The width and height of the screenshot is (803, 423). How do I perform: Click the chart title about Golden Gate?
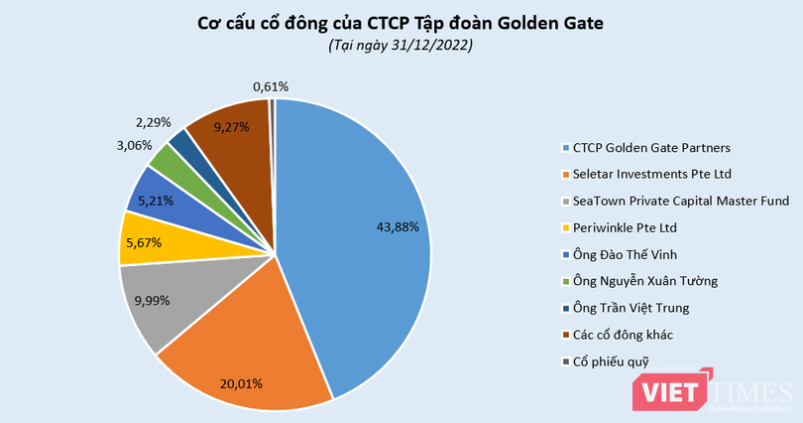(401, 23)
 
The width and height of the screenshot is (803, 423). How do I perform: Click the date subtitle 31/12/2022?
(401, 46)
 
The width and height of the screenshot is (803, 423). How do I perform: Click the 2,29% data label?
(153, 123)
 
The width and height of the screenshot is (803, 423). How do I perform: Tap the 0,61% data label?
(269, 86)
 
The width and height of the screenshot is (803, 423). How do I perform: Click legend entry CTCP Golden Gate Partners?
(652, 148)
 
